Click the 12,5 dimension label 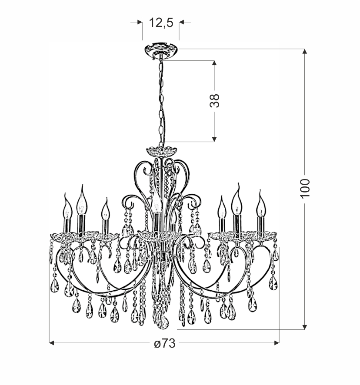pos(161,23)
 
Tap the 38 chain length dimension pos(214,100)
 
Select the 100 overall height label pos(305,188)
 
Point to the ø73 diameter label pos(165,343)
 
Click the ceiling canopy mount pos(161,51)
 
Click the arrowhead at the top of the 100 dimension pos(305,51)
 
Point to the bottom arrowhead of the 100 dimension pos(305,327)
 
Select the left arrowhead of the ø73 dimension pos(52,343)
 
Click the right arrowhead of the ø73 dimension pos(277,343)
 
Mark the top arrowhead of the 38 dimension pos(214,63)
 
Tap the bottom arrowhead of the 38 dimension pos(214,139)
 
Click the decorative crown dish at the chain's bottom pos(161,151)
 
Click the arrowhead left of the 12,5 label pos(140,22)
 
